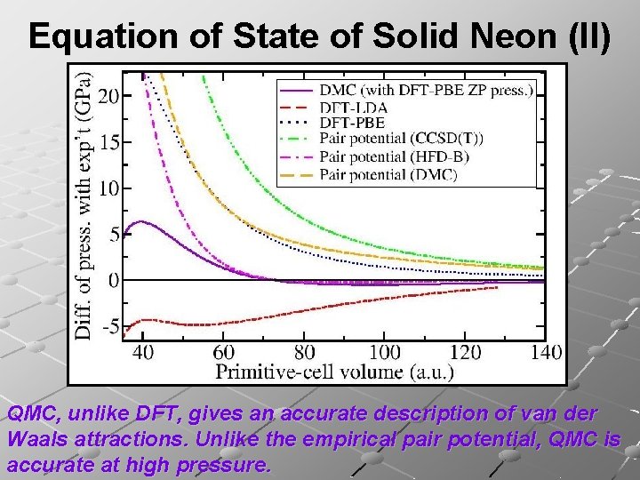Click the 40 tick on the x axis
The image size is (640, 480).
click(143, 352)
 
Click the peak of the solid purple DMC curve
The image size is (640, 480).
click(140, 221)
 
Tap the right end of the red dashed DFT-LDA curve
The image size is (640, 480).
click(497, 287)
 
